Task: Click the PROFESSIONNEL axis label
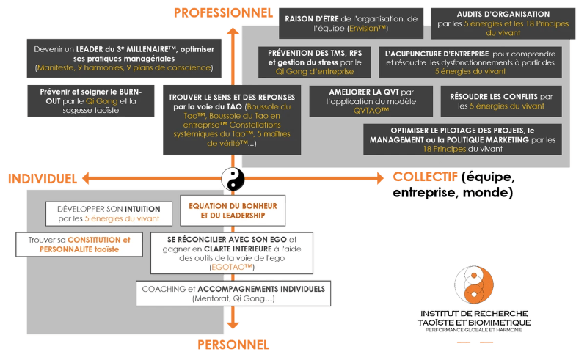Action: tap(222, 12)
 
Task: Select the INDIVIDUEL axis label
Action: tap(42, 178)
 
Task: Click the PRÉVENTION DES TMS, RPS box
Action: tap(315, 62)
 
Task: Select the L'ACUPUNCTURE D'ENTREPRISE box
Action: tap(473, 62)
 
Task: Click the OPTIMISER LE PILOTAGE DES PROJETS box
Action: tap(467, 139)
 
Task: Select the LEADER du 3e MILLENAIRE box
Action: tap(123, 57)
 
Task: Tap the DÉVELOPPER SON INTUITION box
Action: tap(109, 213)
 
